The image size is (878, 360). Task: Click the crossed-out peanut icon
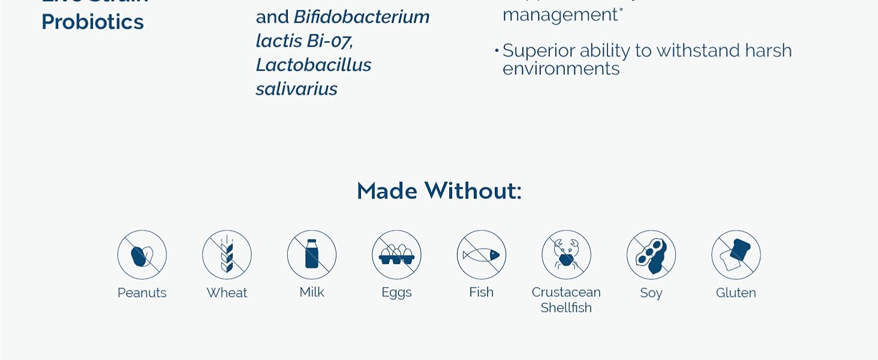click(142, 255)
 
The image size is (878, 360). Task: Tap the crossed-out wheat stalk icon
click(227, 255)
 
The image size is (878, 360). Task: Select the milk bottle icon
click(312, 255)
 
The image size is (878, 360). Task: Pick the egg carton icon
click(396, 255)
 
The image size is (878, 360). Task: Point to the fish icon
click(482, 255)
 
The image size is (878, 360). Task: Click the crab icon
click(566, 255)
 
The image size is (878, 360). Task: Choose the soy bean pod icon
click(651, 255)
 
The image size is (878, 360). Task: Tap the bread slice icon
click(736, 255)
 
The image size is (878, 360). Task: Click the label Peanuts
click(142, 293)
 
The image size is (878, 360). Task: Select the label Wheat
click(227, 293)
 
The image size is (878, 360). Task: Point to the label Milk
click(312, 292)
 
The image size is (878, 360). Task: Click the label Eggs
click(396, 293)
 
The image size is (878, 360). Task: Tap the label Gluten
click(736, 293)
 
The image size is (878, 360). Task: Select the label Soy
click(651, 293)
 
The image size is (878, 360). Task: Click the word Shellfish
click(566, 308)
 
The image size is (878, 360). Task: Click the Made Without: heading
click(439, 191)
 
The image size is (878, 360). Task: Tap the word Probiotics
click(93, 22)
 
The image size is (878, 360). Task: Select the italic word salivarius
click(297, 89)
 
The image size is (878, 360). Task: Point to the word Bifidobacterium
click(362, 17)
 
